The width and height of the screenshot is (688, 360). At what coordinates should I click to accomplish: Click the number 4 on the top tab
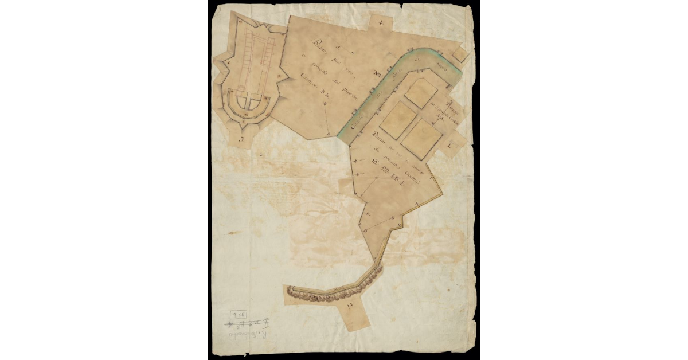tap(381, 23)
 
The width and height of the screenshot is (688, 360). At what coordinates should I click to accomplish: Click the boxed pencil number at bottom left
tap(238, 314)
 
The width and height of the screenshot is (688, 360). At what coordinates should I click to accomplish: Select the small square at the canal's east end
tap(460, 53)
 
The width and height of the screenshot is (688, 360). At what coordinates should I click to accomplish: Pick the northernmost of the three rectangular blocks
tap(421, 92)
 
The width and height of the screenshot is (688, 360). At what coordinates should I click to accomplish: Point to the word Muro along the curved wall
tap(338, 287)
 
